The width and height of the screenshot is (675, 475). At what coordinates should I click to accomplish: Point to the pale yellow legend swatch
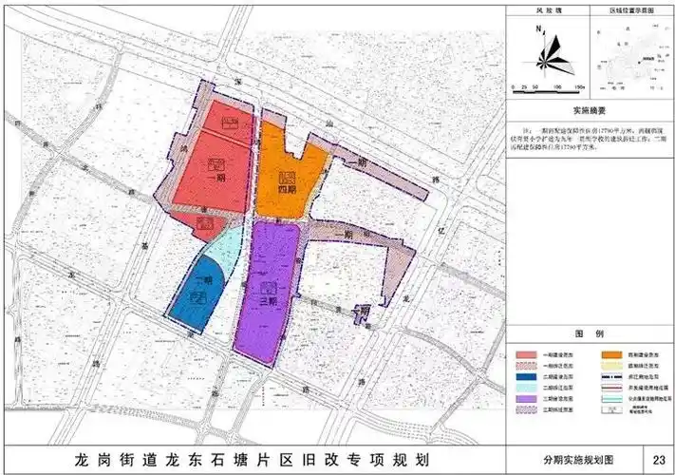(x=609, y=365)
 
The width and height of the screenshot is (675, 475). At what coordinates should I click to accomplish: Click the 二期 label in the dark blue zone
(x=201, y=282)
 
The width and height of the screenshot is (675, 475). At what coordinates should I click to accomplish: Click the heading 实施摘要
(x=587, y=110)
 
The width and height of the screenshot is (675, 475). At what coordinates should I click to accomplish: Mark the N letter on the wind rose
(x=538, y=29)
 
